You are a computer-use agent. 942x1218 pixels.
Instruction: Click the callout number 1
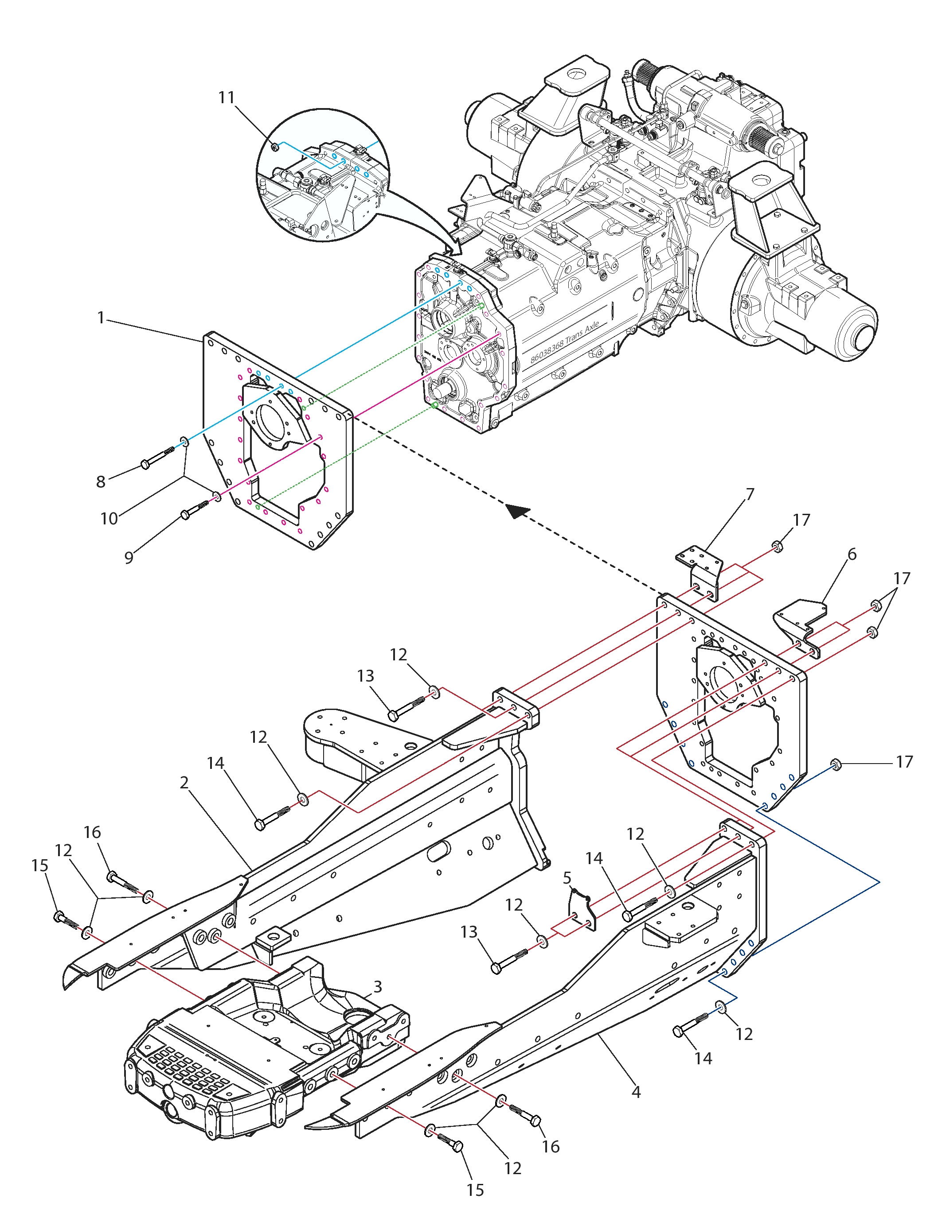(101, 318)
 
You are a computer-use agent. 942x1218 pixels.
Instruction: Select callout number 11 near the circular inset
(227, 97)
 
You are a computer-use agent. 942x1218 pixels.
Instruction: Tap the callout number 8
(101, 481)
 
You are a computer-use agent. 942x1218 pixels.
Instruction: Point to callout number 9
(129, 558)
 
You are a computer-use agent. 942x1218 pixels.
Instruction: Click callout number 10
(109, 519)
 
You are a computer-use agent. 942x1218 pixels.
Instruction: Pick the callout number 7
(750, 494)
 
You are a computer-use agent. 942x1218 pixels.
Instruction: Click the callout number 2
(184, 783)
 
